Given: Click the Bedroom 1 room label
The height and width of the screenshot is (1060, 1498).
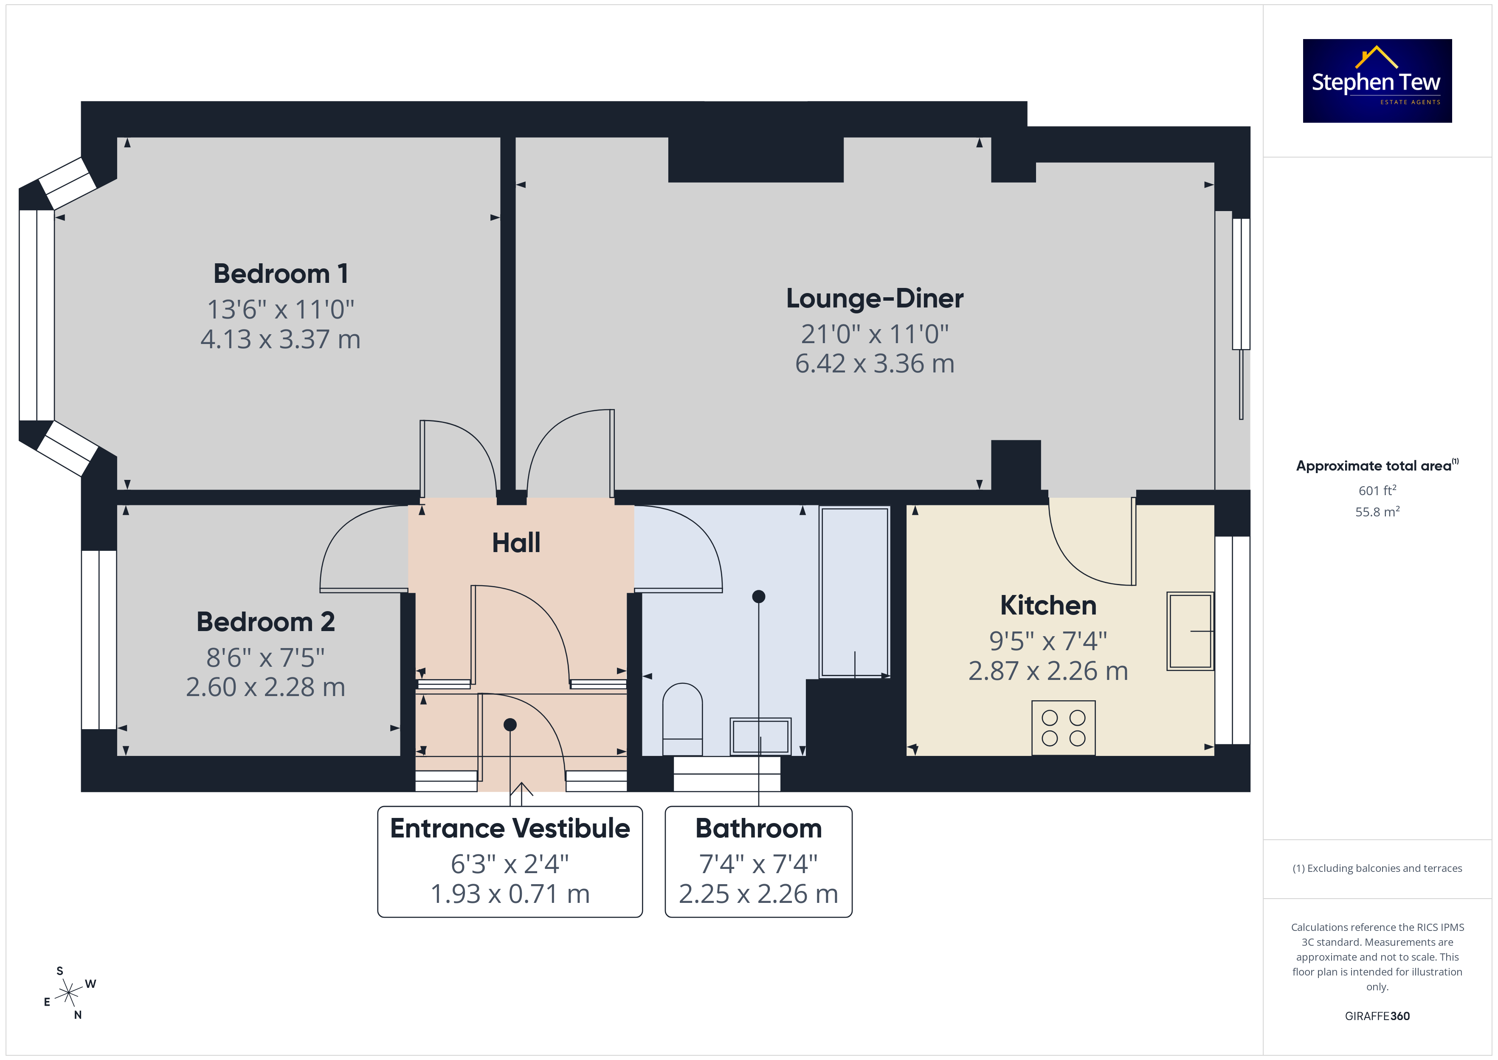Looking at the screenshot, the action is point(281,273).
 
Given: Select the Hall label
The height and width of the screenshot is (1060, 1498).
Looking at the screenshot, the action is point(516,542).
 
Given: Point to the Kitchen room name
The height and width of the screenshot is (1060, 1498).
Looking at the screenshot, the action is point(1048,605).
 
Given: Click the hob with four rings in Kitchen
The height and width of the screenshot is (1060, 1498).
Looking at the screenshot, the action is point(1064,728).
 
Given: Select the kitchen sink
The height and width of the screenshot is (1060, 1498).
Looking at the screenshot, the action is point(1190,631).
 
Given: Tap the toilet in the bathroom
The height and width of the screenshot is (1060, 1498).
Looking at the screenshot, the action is point(682,719).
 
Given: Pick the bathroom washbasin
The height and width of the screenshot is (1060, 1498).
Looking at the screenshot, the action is point(761,736).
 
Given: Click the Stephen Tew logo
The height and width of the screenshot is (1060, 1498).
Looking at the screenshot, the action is point(1377,81).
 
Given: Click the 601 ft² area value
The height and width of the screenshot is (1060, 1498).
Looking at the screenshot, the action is point(1377,490).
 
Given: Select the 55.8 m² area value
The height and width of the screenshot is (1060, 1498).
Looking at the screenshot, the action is point(1377,512).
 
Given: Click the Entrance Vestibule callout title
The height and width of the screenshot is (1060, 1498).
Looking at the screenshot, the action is point(510,828).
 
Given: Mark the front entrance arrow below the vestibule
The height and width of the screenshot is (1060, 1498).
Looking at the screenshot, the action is point(521,794).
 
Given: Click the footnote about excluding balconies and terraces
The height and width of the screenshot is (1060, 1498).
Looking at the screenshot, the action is point(1377,868).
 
